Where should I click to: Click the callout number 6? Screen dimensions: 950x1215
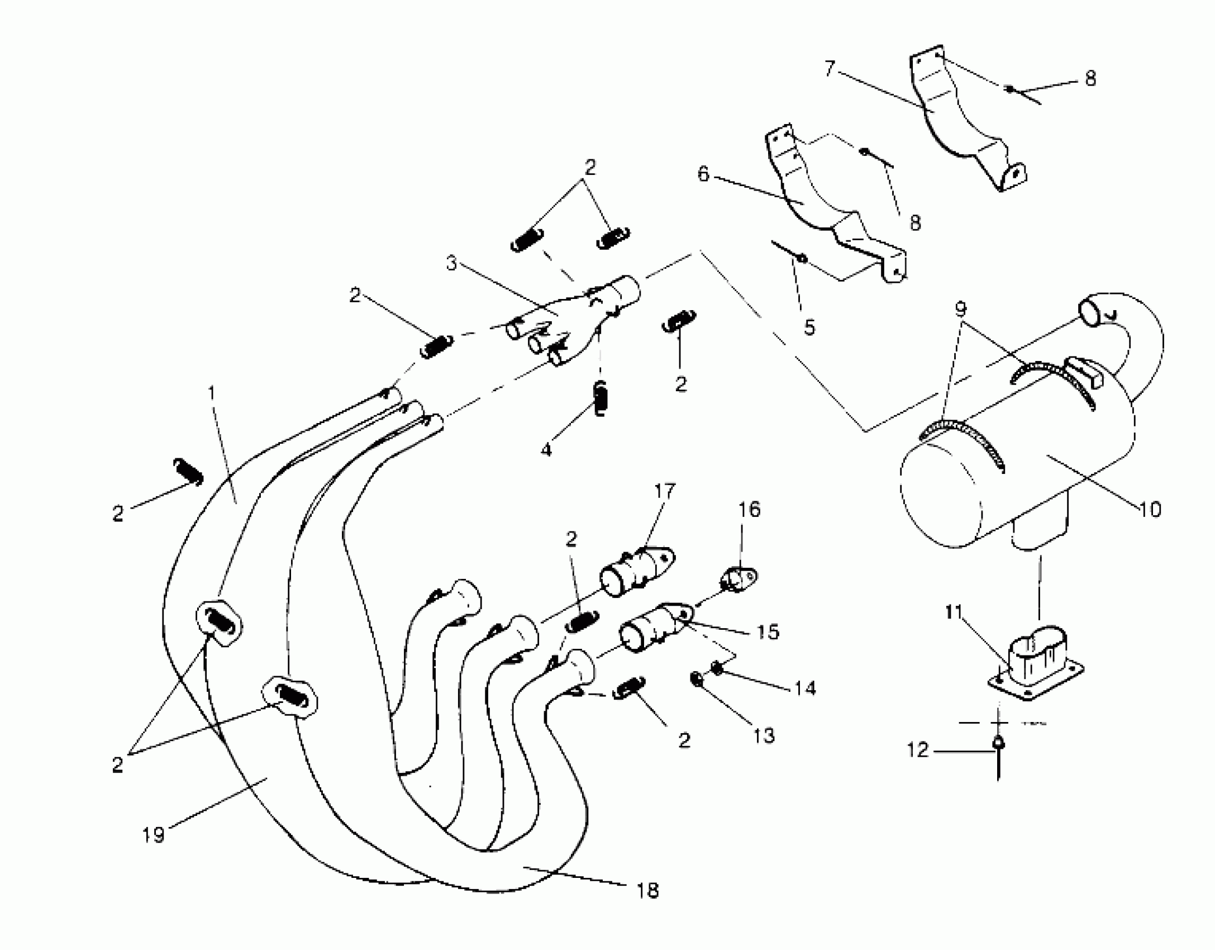pyautogui.click(x=703, y=174)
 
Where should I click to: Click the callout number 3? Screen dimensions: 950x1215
pyautogui.click(x=451, y=262)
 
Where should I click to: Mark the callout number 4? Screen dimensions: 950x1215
pyautogui.click(x=546, y=449)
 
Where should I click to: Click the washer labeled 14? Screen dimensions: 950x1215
pyautogui.click(x=717, y=667)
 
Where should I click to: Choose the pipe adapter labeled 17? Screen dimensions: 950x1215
pyautogui.click(x=637, y=572)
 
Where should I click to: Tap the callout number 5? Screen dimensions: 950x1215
pyautogui.click(x=809, y=327)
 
